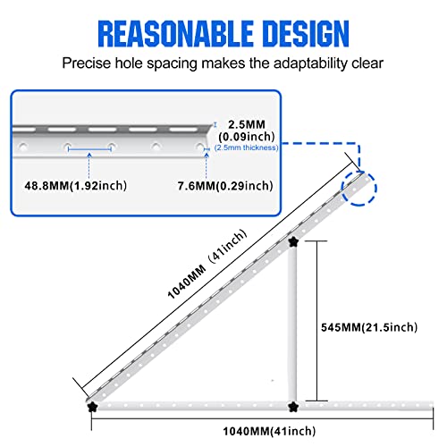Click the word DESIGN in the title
click(307, 34)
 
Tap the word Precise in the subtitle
click(87, 63)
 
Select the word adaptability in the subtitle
click(310, 63)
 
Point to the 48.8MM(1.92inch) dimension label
click(76, 186)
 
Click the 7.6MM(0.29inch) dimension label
click(225, 186)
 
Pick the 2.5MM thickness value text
click(247, 124)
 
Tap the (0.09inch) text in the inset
click(247, 137)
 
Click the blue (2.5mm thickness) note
click(246, 148)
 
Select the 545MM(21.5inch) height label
click(369, 327)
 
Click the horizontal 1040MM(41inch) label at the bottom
click(269, 431)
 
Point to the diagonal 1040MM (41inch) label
click(207, 264)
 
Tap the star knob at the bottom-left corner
click(92, 407)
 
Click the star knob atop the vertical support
click(293, 242)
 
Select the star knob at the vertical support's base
click(293, 407)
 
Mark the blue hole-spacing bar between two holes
click(89, 149)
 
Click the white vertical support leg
click(292, 324)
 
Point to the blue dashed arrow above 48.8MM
click(89, 165)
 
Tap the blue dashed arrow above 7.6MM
click(207, 165)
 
